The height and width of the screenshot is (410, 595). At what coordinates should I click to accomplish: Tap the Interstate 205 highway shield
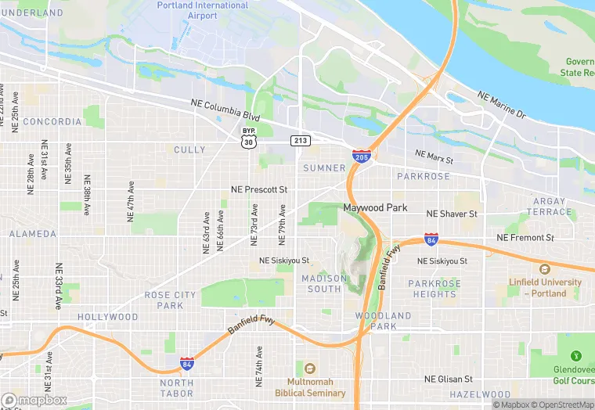[x=361, y=157]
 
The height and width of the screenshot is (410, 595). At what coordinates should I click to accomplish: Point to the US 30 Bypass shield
[x=248, y=137]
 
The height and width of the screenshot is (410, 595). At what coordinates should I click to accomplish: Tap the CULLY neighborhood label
[x=189, y=149]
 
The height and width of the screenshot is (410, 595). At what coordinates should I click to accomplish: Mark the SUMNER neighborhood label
[x=324, y=168]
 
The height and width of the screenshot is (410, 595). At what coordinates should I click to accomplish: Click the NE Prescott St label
[x=259, y=190]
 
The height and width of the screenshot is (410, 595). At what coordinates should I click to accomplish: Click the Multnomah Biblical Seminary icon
[x=310, y=369]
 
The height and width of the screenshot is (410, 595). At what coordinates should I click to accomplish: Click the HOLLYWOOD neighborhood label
[x=107, y=317]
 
